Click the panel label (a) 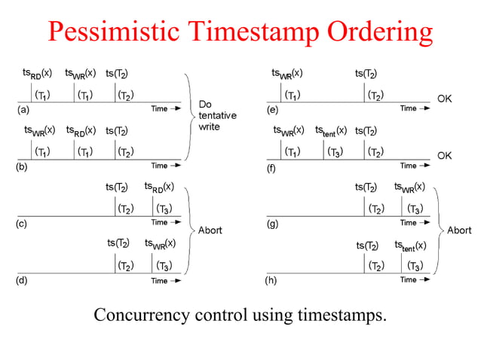(23, 110)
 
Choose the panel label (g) (272, 224)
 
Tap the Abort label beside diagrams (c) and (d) (210, 230)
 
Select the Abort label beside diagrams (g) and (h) (459, 230)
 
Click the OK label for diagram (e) (445, 99)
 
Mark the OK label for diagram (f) (445, 155)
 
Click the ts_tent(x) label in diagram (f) (331, 130)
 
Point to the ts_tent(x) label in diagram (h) (410, 246)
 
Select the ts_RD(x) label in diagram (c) (159, 186)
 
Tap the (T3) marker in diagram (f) (335, 151)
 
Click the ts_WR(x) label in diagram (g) (409, 186)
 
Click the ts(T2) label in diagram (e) (366, 74)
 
